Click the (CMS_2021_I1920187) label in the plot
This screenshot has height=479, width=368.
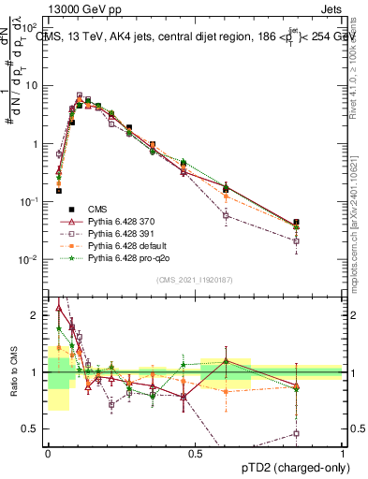194,279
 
